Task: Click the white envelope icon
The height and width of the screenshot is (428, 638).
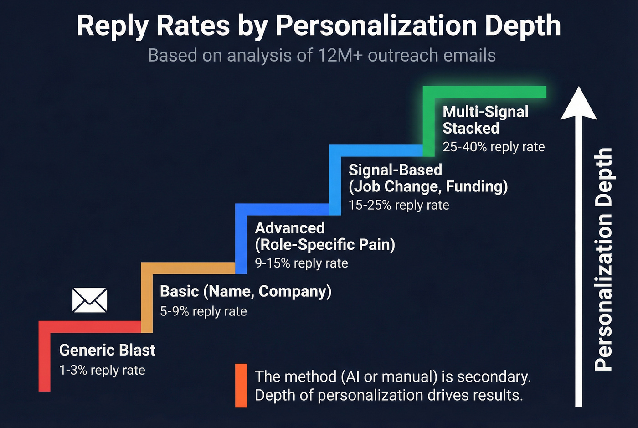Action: pyautogui.click(x=90, y=300)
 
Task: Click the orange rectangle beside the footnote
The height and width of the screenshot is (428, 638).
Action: pyautogui.click(x=241, y=385)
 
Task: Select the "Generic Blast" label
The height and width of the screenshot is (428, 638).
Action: pyautogui.click(x=107, y=350)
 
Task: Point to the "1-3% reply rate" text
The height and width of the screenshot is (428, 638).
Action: pyautogui.click(x=102, y=370)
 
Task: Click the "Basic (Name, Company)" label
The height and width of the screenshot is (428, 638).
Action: pyautogui.click(x=246, y=291)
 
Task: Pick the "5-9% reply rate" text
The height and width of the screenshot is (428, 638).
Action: pyautogui.click(x=203, y=311)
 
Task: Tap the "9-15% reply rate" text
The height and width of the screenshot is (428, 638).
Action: pyautogui.click(x=301, y=263)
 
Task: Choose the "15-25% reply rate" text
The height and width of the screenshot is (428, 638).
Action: pyautogui.click(x=399, y=205)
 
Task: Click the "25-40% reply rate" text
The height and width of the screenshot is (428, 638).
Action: pyautogui.click(x=494, y=147)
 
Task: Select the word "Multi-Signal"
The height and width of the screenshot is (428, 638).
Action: pyautogui.click(x=485, y=112)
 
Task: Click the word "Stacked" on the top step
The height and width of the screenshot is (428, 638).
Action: pyautogui.click(x=471, y=129)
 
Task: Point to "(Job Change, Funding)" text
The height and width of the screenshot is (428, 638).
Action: pyautogui.click(x=428, y=186)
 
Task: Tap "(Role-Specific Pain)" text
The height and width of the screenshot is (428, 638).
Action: pyautogui.click(x=325, y=245)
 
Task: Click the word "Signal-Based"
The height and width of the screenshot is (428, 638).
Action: pyautogui.click(x=395, y=170)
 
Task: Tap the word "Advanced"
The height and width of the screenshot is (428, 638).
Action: pyautogui.click(x=290, y=228)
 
